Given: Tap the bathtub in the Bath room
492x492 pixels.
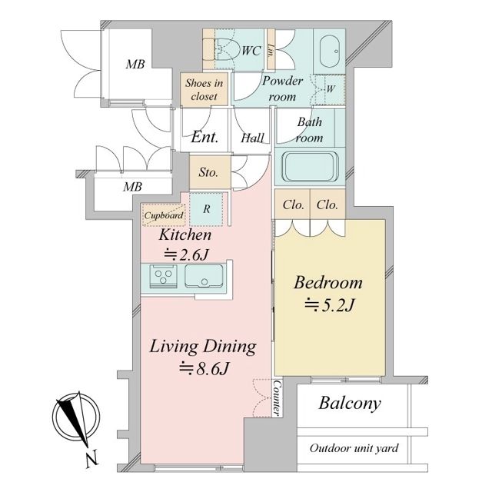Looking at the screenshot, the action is click(x=310, y=167).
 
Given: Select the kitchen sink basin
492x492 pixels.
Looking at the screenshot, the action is click(x=204, y=276).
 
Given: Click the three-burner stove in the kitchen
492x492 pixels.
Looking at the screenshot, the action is click(x=163, y=276).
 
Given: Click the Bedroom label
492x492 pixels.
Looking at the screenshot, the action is click(x=328, y=282).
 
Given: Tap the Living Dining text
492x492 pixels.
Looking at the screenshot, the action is click(x=203, y=347).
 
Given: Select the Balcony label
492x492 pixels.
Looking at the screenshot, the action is click(x=350, y=403).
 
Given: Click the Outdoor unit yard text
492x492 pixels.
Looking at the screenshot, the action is click(x=354, y=448).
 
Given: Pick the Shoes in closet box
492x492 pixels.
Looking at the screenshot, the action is click(x=204, y=89).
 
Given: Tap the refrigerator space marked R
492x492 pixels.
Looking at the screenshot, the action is click(x=207, y=209).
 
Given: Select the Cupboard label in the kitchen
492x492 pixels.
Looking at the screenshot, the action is click(x=164, y=215).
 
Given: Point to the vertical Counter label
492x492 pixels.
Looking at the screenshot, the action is click(x=278, y=398).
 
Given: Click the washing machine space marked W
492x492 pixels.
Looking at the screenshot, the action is click(x=330, y=89).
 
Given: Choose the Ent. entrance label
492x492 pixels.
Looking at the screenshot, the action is click(x=204, y=137).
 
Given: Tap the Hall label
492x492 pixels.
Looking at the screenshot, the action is click(x=253, y=138).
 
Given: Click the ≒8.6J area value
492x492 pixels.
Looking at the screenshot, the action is click(x=203, y=369).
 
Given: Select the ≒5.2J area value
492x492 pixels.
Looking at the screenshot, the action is click(x=330, y=304).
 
